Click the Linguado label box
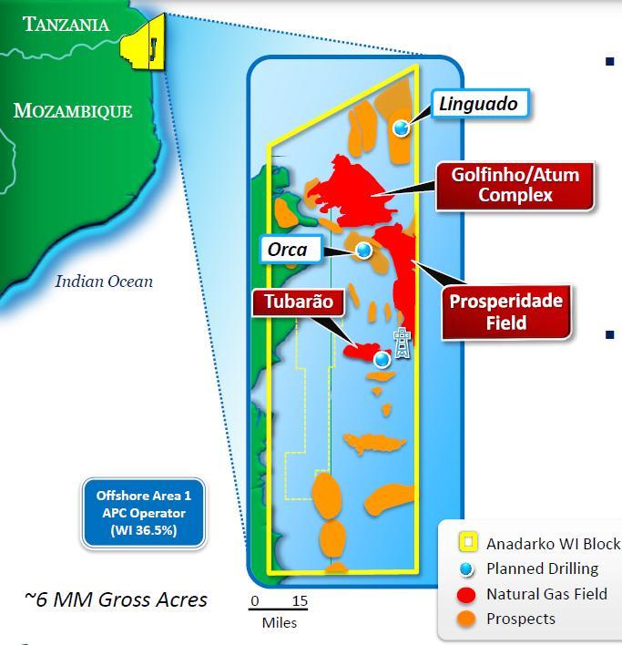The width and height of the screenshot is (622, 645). [478, 104]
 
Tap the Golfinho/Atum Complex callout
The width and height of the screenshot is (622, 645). [515, 184]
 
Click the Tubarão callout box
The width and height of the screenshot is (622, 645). [292, 302]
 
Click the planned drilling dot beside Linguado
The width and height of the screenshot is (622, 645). [401, 128]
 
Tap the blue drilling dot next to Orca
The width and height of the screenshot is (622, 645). [363, 250]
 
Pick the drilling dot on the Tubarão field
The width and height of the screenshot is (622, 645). [382, 359]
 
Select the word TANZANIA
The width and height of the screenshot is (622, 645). [66, 25]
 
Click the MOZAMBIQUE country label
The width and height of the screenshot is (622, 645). [73, 111]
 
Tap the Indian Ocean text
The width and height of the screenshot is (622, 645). [104, 281]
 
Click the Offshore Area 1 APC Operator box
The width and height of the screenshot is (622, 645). [144, 513]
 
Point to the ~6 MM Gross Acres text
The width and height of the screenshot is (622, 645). [116, 599]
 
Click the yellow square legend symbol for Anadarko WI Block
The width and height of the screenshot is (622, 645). [467, 544]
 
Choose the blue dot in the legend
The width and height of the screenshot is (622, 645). [467, 568]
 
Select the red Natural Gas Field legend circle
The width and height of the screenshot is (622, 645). [467, 594]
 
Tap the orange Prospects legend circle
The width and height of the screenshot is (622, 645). [467, 619]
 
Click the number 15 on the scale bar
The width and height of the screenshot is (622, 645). [299, 601]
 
